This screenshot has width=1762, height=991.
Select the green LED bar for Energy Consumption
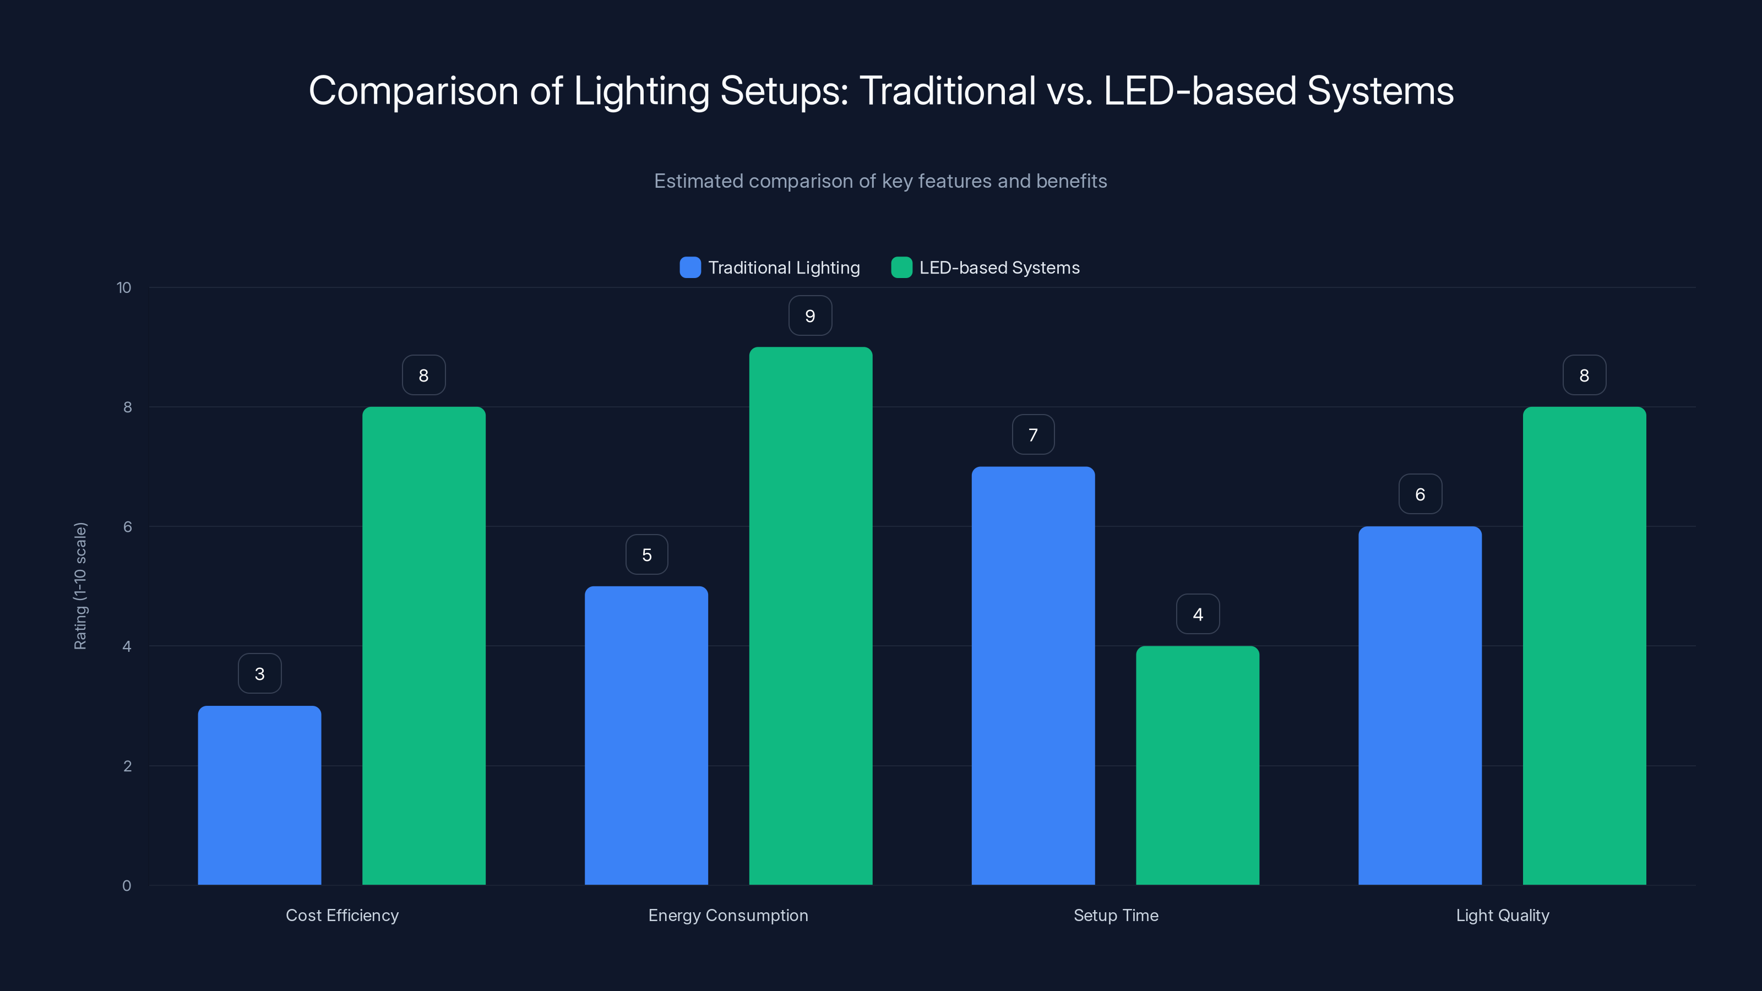pyautogui.click(x=811, y=616)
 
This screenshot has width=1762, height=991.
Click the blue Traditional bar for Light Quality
pyautogui.click(x=1420, y=705)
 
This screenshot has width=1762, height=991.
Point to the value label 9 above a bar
pyautogui.click(x=810, y=316)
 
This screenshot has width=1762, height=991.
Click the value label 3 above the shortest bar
pyautogui.click(x=259, y=674)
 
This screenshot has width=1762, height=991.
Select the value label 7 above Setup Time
pyautogui.click(x=1033, y=435)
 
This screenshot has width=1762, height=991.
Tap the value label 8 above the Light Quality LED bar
pyautogui.click(x=1584, y=375)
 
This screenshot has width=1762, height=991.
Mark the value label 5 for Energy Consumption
pyautogui.click(x=646, y=554)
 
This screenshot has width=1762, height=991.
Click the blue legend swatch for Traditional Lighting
pyautogui.click(x=690, y=268)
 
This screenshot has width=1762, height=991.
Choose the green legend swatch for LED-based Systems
pyautogui.click(x=901, y=268)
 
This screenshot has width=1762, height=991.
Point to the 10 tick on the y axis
pyautogui.click(x=124, y=288)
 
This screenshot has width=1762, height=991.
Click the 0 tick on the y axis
pyautogui.click(x=127, y=886)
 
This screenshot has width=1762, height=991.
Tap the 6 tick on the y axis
pyautogui.click(x=127, y=527)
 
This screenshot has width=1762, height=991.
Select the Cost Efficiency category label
pyautogui.click(x=342, y=915)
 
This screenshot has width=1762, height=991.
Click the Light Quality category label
pyautogui.click(x=1502, y=915)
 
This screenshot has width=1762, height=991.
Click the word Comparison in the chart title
pyautogui.click(x=413, y=91)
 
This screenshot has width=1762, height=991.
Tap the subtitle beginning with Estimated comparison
pyautogui.click(x=880, y=181)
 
